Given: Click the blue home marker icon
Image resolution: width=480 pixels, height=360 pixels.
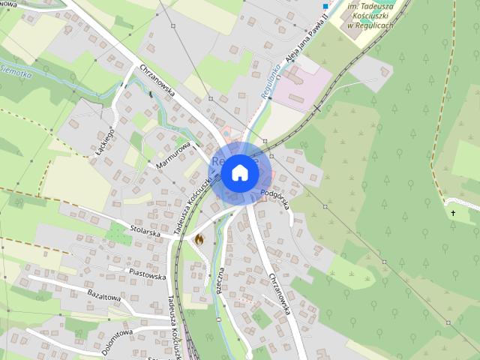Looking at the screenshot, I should (x=239, y=173).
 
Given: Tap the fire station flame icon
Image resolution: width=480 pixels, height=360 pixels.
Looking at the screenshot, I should (x=199, y=239).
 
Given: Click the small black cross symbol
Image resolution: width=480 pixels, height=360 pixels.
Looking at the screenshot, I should (x=453, y=214).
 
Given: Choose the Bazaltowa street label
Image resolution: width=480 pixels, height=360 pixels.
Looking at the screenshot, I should (x=103, y=296).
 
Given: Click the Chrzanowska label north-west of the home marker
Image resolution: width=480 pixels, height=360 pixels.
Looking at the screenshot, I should (x=157, y=82).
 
